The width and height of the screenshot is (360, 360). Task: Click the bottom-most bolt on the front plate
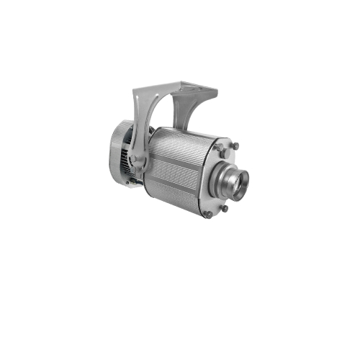pyautogui.click(x=207, y=214)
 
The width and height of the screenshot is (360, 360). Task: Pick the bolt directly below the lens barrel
pyautogui.click(x=225, y=208)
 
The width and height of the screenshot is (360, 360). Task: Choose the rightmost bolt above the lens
pyautogui.click(x=235, y=146)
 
